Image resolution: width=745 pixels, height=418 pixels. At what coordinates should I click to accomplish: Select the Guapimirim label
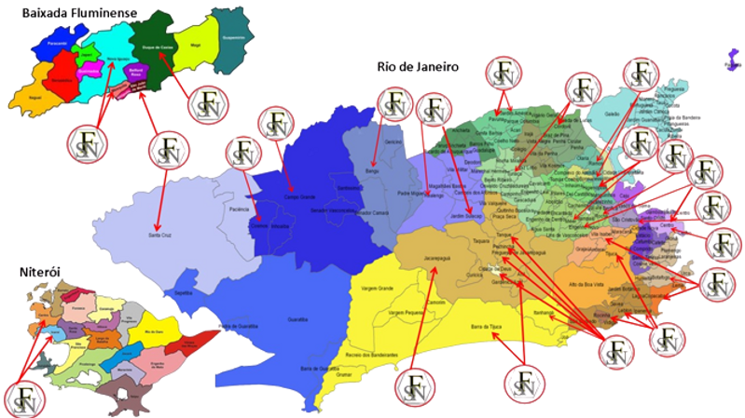[235, 37]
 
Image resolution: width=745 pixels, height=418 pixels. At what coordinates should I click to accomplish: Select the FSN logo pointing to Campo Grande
[277, 127]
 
